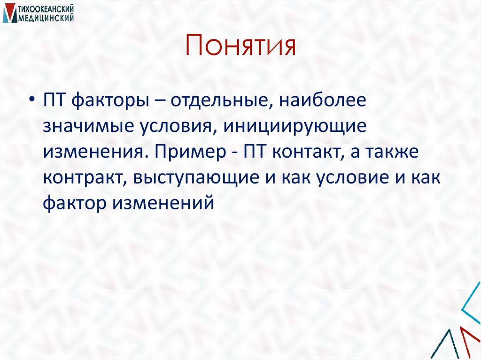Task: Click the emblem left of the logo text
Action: coord(8,13)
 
